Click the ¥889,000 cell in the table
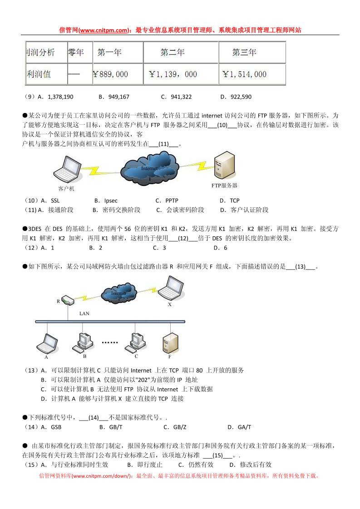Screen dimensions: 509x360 point(110,74)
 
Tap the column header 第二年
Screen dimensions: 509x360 point(173,53)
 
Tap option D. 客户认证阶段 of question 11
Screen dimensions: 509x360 point(244,210)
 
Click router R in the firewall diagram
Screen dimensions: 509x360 point(67,300)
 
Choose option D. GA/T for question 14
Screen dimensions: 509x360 point(239,427)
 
